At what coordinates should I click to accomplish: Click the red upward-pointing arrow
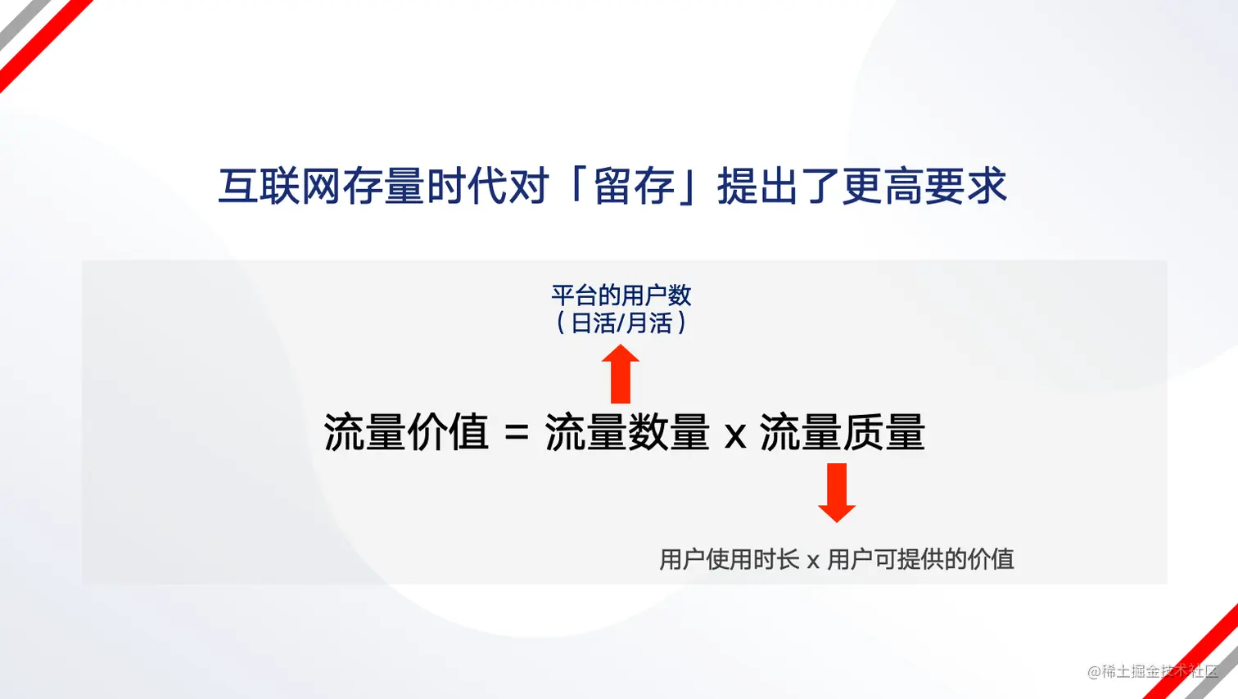(x=621, y=374)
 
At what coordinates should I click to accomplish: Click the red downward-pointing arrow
(x=837, y=493)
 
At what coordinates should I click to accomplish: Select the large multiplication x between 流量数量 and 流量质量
(x=735, y=435)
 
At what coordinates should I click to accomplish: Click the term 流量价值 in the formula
(x=406, y=432)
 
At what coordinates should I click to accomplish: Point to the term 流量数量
(x=627, y=432)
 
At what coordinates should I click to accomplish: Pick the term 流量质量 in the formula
(x=843, y=432)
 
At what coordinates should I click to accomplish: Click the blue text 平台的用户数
(x=621, y=295)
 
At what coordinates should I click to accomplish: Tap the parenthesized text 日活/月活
(x=621, y=323)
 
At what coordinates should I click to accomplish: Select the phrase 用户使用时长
(x=730, y=559)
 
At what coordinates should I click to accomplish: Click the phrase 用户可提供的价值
(x=921, y=559)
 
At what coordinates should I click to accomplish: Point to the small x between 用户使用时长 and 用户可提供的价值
(x=813, y=561)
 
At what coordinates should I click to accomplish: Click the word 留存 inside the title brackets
(x=635, y=186)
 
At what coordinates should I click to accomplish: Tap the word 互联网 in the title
(x=280, y=186)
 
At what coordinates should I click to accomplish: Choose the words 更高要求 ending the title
(x=924, y=186)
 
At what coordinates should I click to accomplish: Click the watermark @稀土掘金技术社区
(x=1153, y=671)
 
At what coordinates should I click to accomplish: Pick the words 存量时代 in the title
(x=426, y=186)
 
